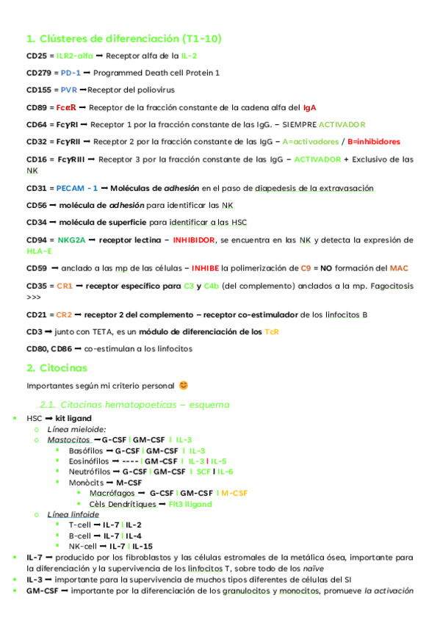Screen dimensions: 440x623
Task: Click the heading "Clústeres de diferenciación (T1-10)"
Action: click(x=123, y=38)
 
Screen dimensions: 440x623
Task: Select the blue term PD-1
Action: click(x=71, y=73)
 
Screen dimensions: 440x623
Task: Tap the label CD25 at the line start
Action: click(x=37, y=56)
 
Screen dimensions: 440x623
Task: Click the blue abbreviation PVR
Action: click(x=69, y=91)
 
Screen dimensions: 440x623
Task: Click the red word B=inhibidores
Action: click(x=374, y=142)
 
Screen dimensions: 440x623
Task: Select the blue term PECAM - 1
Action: click(x=77, y=189)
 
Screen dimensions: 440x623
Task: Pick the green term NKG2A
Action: click(x=72, y=240)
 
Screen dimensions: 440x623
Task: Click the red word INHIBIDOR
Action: click(x=194, y=240)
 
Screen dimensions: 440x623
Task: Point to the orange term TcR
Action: click(x=272, y=332)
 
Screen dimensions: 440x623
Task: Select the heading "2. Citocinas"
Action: click(x=57, y=367)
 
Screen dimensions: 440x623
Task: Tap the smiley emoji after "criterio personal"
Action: click(x=184, y=385)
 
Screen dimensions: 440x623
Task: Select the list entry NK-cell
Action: click(x=82, y=547)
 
